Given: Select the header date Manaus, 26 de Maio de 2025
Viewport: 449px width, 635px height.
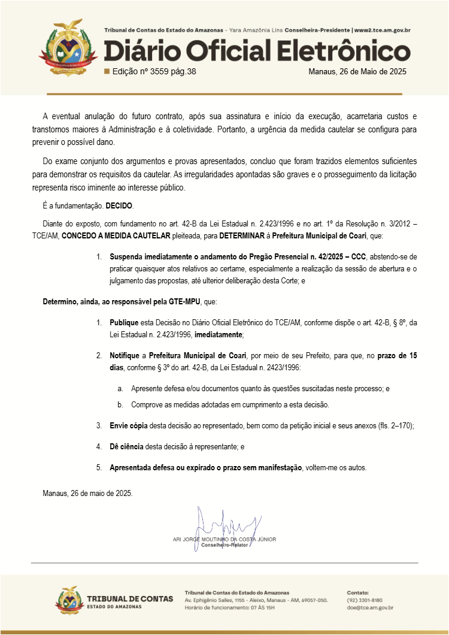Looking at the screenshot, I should tap(357, 72).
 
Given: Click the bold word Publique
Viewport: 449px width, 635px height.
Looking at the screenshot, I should tap(124, 323).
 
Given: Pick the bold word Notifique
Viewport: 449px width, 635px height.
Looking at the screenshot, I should tap(125, 356).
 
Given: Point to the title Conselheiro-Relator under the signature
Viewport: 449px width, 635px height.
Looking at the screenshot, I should tap(224, 546).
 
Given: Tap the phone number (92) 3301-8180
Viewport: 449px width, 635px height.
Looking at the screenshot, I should tap(365, 600).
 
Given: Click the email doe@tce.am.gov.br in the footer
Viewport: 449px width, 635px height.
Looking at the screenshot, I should tap(370, 607).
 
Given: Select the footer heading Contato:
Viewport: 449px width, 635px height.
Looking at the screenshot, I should tap(358, 592).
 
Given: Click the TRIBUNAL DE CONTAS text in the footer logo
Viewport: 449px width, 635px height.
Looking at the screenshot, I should tap(130, 598).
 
